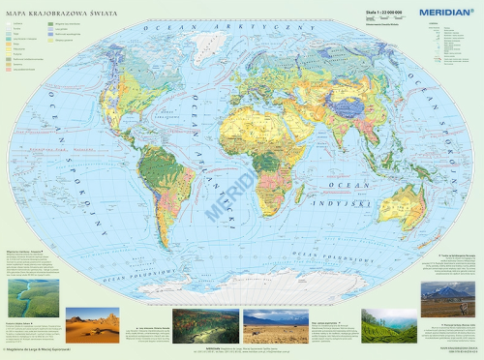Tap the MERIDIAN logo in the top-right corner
point(443,11)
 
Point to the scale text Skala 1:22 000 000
point(378,12)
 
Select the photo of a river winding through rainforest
point(32,299)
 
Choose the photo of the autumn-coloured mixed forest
point(205,326)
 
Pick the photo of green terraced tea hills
point(388,326)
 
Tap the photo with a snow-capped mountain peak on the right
point(448,299)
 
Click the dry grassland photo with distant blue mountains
point(276,326)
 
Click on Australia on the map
point(400,205)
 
